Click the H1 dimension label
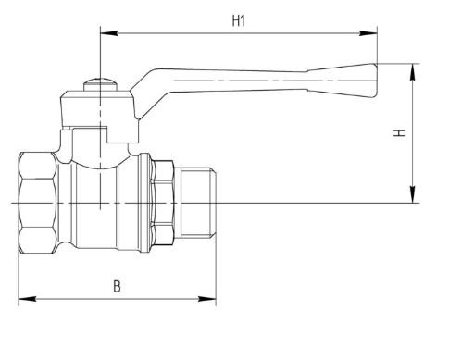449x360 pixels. [239, 21]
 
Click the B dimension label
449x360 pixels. [117, 286]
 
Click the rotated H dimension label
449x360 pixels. [399, 133]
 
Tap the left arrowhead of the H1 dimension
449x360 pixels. [108, 33]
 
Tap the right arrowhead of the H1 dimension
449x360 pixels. [368, 33]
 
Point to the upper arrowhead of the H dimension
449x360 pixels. [413, 72]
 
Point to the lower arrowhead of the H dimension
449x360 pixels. [413, 194]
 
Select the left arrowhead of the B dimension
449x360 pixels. [27, 299]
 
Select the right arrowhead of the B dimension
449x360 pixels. [207, 299]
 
